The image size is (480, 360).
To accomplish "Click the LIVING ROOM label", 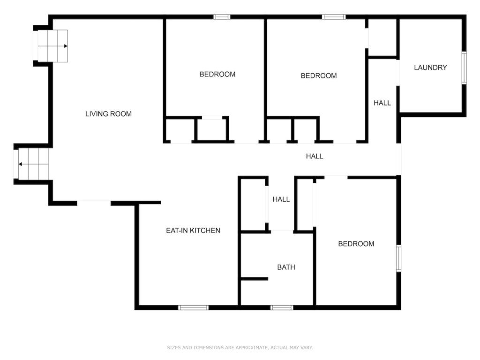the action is click(x=108, y=114).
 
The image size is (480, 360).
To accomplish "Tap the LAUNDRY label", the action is click(x=430, y=67).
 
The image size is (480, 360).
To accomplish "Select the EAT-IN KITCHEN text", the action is click(x=193, y=231).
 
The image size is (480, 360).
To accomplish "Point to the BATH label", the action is click(x=286, y=267).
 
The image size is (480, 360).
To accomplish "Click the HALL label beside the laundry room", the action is click(x=382, y=103).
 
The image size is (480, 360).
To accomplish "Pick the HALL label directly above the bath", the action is click(x=281, y=199).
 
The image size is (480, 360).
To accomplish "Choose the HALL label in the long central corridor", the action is click(x=315, y=156).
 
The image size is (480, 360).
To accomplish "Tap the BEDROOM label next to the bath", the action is click(x=356, y=244).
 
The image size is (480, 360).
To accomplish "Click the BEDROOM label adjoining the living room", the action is click(x=217, y=74).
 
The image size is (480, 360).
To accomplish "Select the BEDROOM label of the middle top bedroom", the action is click(x=319, y=75).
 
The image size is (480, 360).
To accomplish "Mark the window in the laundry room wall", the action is click(x=464, y=68).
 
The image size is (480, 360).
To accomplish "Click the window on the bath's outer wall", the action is click(x=282, y=307).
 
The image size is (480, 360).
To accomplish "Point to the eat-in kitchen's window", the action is click(x=194, y=307).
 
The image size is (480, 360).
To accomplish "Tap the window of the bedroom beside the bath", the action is click(x=398, y=258).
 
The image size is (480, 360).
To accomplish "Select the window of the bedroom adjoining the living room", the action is click(x=222, y=17).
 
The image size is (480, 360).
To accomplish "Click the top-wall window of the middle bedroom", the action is click(x=334, y=17).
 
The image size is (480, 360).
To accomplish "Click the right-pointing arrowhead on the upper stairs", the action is click(x=66, y=46).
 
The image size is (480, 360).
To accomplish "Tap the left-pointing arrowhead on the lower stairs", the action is click(x=20, y=165).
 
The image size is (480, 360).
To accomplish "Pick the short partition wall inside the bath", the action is click(x=255, y=279).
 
